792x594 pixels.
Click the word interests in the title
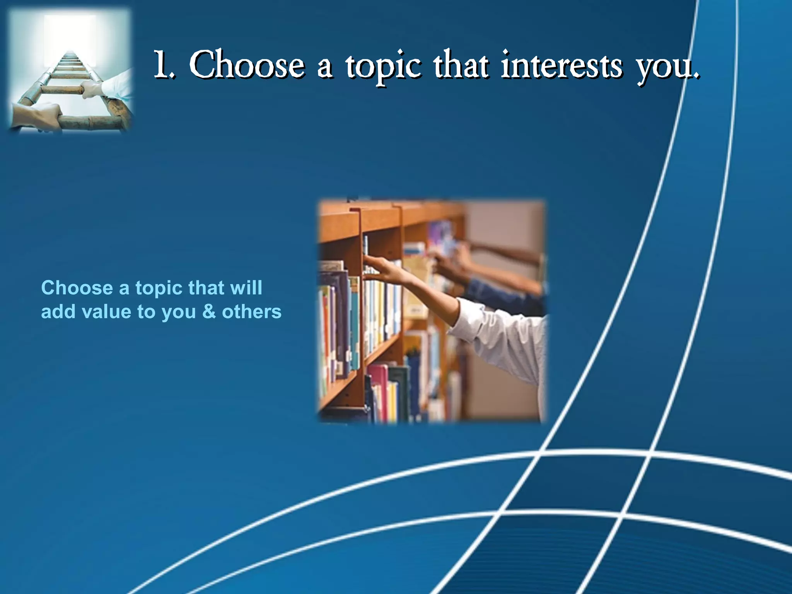(562, 65)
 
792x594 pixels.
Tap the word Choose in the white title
(247, 65)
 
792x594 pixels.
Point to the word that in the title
(460, 65)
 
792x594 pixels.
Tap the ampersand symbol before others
(209, 312)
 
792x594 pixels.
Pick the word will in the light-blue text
(246, 288)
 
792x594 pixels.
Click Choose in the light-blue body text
(77, 288)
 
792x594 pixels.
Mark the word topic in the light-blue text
(159, 288)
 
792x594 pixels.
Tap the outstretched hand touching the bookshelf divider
(377, 267)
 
